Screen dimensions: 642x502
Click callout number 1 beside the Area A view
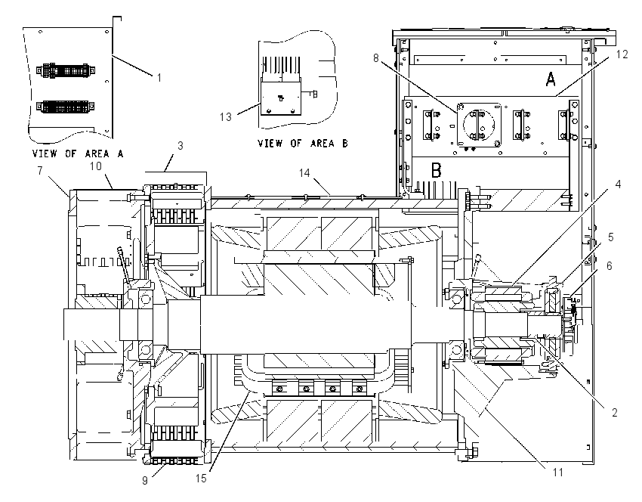tap(159, 77)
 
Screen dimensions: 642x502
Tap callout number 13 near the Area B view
tap(226, 117)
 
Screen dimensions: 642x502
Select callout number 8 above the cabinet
tap(376, 58)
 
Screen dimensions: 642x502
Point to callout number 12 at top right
tap(622, 54)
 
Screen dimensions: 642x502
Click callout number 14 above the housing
tap(304, 173)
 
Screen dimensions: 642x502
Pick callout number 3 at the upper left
tap(181, 146)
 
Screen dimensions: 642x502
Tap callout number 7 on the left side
tap(40, 170)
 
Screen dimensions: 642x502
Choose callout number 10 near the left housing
tap(96, 166)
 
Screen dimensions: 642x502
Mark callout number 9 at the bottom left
tap(145, 480)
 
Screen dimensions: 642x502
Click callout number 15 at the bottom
tap(201, 479)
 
